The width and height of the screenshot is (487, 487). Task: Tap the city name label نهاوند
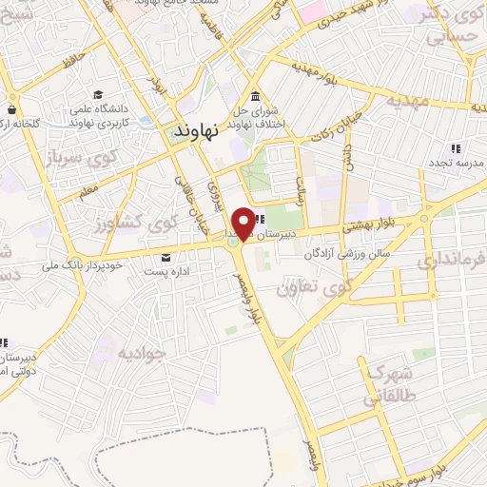(x=197, y=131)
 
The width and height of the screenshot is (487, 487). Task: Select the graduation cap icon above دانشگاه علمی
(x=99, y=95)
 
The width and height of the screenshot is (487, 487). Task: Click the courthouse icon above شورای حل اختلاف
(x=255, y=98)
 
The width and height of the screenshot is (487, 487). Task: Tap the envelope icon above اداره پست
(x=167, y=258)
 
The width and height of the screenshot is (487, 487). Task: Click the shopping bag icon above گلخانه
(x=14, y=96)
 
